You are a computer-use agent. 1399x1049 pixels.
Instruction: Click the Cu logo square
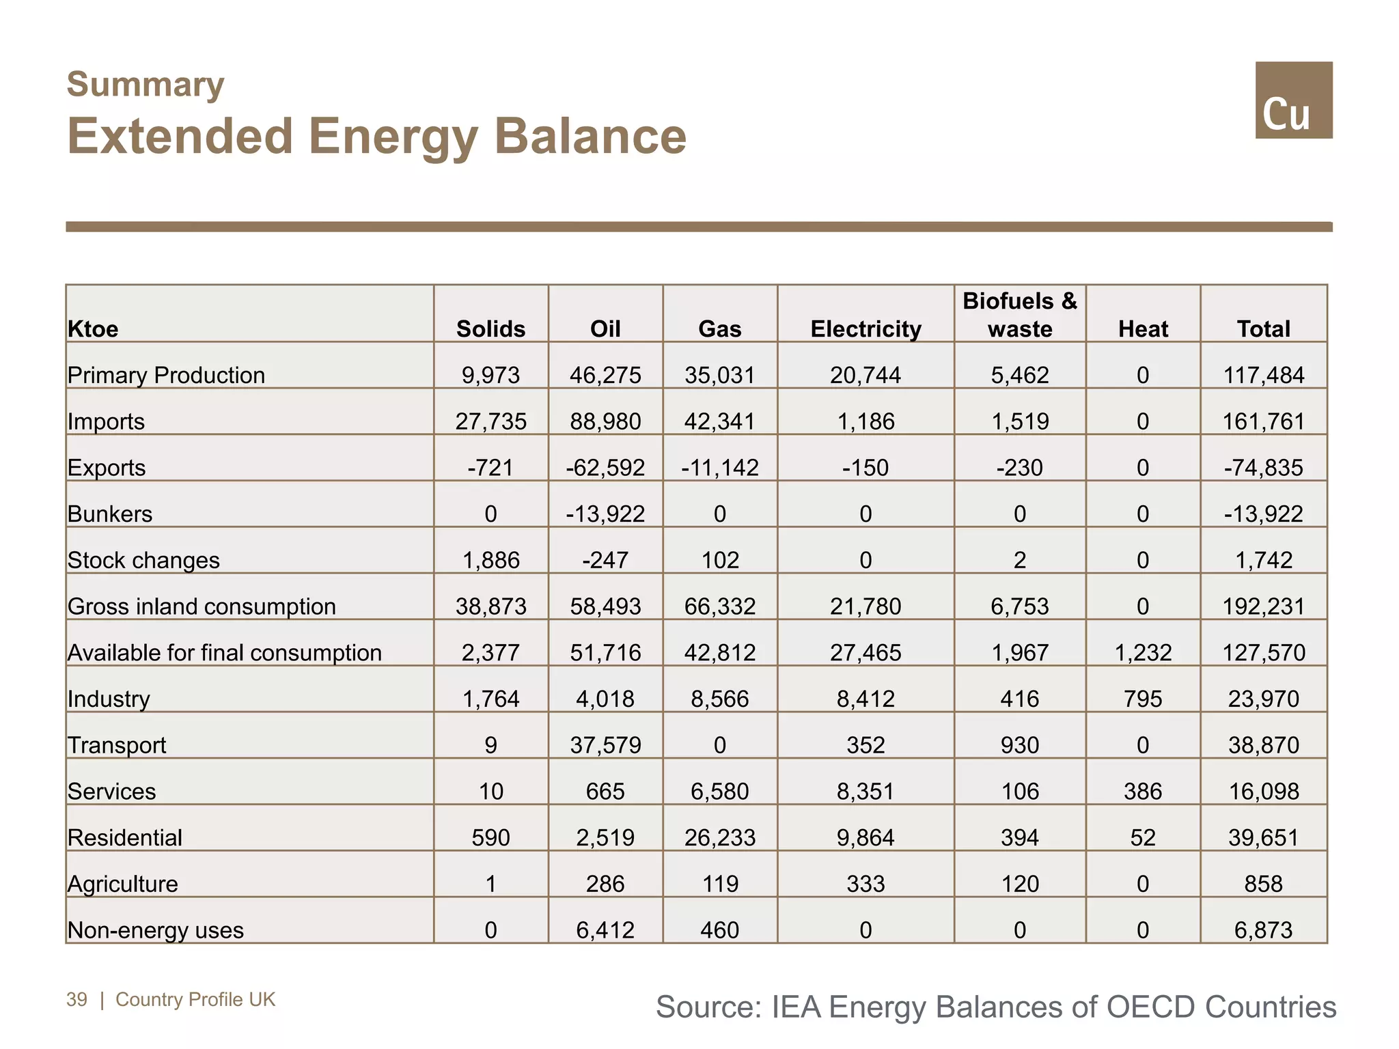pos(1293,100)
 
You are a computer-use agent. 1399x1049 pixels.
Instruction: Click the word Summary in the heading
pos(146,85)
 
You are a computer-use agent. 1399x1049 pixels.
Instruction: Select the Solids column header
pos(490,328)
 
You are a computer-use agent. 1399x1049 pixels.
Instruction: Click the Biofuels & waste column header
pos(1019,315)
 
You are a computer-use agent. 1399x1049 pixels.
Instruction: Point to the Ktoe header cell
pos(93,328)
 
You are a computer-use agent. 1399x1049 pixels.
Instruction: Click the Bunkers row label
pos(110,514)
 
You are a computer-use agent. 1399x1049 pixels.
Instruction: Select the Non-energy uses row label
pos(156,929)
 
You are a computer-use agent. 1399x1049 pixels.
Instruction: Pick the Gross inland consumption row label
pos(202,606)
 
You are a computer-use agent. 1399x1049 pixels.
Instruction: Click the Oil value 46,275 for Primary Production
pos(605,375)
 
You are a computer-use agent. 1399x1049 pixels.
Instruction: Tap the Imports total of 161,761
pos(1263,421)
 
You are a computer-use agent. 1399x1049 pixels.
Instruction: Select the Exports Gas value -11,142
pos(719,467)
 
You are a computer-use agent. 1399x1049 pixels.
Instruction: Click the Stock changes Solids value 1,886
pos(490,560)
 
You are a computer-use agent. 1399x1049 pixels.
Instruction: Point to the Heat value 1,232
pos(1143,652)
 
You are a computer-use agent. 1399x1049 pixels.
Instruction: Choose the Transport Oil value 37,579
pos(605,744)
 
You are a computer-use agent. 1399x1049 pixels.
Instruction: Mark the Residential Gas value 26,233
pos(719,837)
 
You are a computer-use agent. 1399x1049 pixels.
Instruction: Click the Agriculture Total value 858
pos(1263,884)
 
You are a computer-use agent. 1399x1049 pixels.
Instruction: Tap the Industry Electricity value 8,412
pos(865,699)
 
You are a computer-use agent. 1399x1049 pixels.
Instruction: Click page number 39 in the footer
pos(77,999)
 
